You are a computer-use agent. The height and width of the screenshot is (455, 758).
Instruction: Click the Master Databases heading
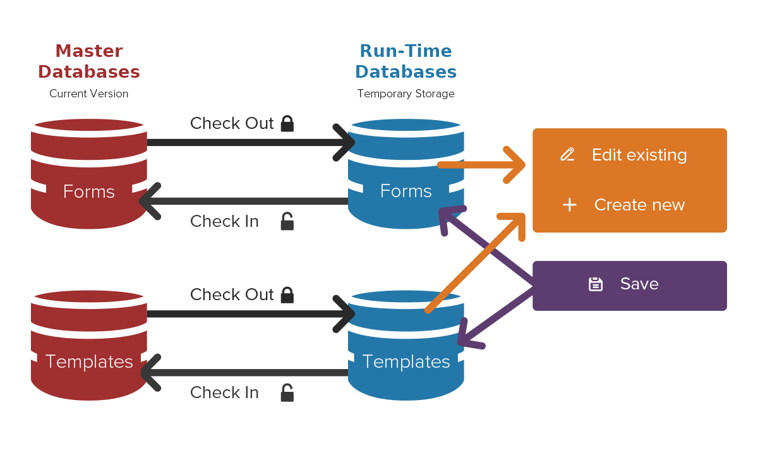tap(89, 61)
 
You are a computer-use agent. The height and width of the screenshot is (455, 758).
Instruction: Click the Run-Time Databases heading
tap(406, 61)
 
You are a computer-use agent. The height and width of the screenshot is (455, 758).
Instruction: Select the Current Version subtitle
tap(89, 94)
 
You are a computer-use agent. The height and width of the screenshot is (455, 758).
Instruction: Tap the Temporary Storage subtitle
tap(406, 94)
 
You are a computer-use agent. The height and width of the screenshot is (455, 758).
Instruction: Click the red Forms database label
tap(89, 191)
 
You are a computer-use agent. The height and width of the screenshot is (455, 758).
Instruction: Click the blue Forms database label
tap(406, 191)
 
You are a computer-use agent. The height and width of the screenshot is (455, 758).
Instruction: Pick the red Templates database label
tap(89, 361)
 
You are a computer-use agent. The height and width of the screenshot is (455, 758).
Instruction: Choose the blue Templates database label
tap(406, 361)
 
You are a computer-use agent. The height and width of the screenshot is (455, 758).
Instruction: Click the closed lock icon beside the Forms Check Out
tap(287, 123)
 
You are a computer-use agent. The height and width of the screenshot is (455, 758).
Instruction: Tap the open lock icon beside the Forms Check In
tap(287, 221)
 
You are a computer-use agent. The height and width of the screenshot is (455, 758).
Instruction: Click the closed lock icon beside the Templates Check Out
tap(287, 294)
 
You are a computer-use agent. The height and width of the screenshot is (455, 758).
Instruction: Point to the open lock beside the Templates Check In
tap(287, 392)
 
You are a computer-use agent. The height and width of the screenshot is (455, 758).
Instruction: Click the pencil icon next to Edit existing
tap(567, 155)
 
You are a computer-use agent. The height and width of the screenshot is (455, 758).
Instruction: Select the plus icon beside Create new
tap(570, 205)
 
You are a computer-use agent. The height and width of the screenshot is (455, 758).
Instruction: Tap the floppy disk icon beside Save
tap(595, 284)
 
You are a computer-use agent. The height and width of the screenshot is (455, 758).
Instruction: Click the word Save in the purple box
tap(639, 284)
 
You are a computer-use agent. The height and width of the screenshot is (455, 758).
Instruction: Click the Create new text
tap(639, 205)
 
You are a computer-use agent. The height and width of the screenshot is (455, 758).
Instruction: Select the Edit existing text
tap(639, 155)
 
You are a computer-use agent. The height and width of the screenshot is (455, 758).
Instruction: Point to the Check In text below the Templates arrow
tap(224, 392)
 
